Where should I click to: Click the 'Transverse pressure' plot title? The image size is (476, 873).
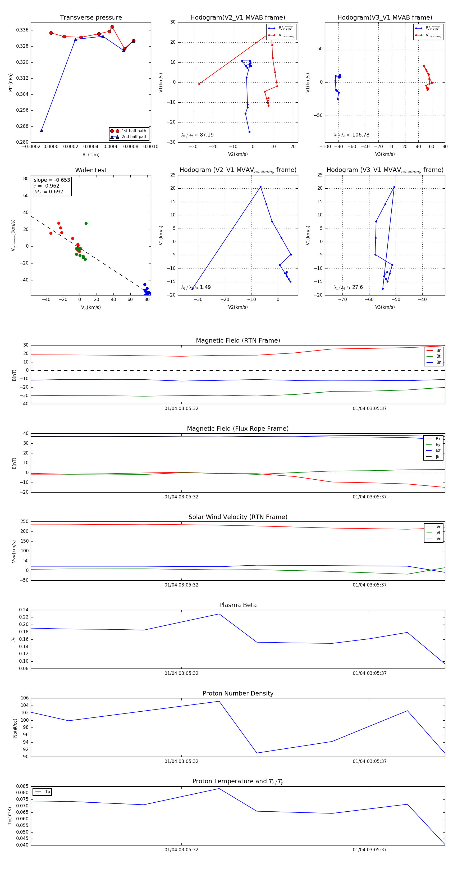[91, 18]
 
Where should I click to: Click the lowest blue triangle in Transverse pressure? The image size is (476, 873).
[42, 130]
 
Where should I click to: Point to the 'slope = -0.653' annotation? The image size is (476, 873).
[52, 180]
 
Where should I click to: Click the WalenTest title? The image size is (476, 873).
[91, 170]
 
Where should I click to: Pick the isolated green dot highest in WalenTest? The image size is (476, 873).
[86, 223]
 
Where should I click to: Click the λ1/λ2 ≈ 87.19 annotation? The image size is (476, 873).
[198, 135]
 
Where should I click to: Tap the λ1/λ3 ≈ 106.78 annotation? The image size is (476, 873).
[351, 135]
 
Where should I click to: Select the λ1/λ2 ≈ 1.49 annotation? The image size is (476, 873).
[196, 287]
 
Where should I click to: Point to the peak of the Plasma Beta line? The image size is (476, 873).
[219, 614]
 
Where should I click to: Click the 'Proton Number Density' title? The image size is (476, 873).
[238, 693]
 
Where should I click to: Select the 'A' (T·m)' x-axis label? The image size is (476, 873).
[91, 155]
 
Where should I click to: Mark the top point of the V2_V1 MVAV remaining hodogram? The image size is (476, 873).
[260, 187]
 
